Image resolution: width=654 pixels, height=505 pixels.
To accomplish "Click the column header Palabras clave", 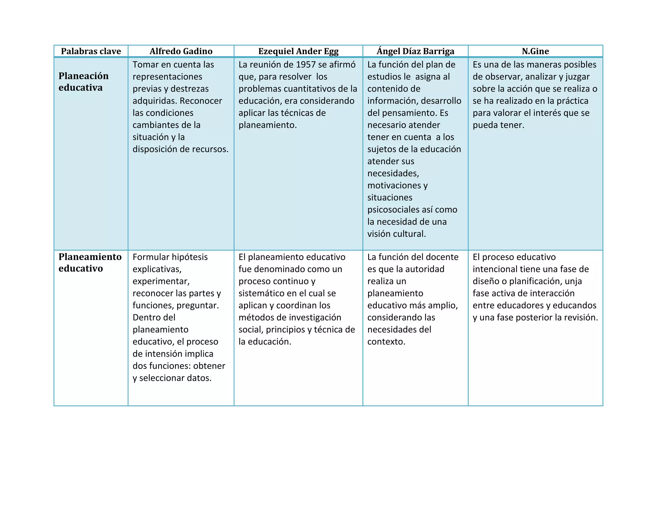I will pos(91,51).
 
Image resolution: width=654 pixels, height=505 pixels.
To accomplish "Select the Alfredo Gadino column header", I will pos(181,51).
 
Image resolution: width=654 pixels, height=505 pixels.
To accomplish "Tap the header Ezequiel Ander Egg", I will pos(298,51).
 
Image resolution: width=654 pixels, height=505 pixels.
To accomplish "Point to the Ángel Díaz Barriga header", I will pos(415,51).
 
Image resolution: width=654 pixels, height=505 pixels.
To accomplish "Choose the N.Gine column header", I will pos(535,51).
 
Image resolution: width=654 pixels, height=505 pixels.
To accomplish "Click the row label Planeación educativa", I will pos(83,82).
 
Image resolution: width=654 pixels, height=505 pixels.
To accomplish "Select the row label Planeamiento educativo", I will pos(90,262).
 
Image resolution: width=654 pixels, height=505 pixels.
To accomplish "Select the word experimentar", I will pos(161,281).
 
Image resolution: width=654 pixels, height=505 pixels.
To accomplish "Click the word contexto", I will pos(386,342).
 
